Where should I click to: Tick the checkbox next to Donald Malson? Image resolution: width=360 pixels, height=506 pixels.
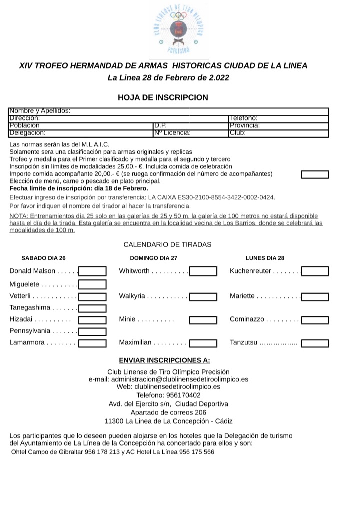(93, 271)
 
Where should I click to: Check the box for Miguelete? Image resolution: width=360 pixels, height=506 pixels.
(93, 284)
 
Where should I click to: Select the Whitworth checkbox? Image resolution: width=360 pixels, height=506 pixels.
(203, 271)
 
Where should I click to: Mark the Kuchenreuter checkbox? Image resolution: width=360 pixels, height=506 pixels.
(315, 271)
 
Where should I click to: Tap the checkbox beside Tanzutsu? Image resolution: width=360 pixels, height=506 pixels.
(315, 343)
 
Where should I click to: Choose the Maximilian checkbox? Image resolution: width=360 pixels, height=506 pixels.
(203, 343)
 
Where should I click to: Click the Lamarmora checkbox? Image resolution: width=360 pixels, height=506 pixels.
(93, 343)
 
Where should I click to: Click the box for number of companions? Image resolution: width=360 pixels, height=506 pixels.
(315, 174)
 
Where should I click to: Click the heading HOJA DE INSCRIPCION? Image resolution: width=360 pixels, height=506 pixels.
(163, 97)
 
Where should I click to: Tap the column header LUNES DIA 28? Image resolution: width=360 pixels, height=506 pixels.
(265, 258)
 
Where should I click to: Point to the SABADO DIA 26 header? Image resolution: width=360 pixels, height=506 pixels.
(43, 258)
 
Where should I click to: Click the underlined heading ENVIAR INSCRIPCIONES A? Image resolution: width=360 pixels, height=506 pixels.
(164, 360)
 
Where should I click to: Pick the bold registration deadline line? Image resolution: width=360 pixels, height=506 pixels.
(79, 188)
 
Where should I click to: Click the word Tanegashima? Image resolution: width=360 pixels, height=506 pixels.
(30, 308)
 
